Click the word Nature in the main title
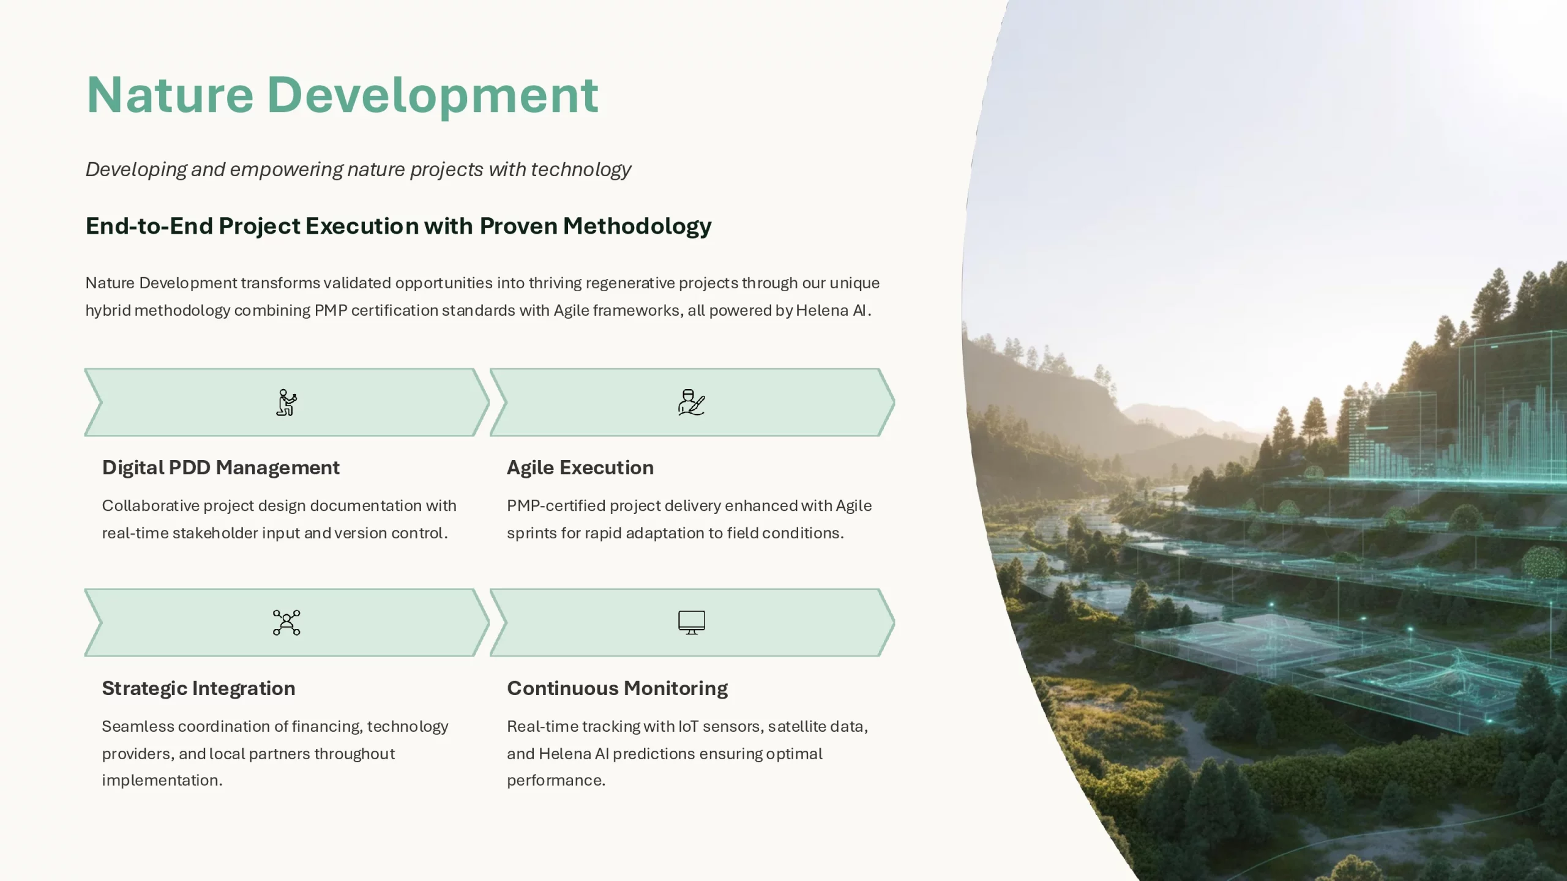tap(170, 95)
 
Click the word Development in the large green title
tap(433, 96)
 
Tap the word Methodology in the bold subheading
tap(637, 226)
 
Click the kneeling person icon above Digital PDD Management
tap(286, 403)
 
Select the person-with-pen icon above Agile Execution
tap(692, 403)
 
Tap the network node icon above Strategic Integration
tap(286, 623)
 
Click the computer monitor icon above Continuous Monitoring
tap(692, 623)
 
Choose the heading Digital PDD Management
tap(220, 468)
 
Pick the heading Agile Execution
tap(580, 468)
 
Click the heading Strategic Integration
tap(198, 689)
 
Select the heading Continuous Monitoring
tap(617, 689)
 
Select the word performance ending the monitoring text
tap(556, 781)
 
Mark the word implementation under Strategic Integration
tap(162, 781)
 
